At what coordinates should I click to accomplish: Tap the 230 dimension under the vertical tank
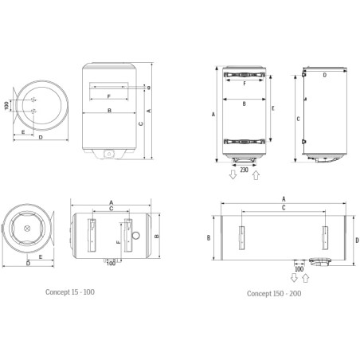coord(244,169)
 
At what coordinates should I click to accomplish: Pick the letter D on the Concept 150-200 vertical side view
coord(325,74)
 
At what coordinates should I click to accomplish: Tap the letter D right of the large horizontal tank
coord(358,237)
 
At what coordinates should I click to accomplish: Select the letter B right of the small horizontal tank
coord(158,236)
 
